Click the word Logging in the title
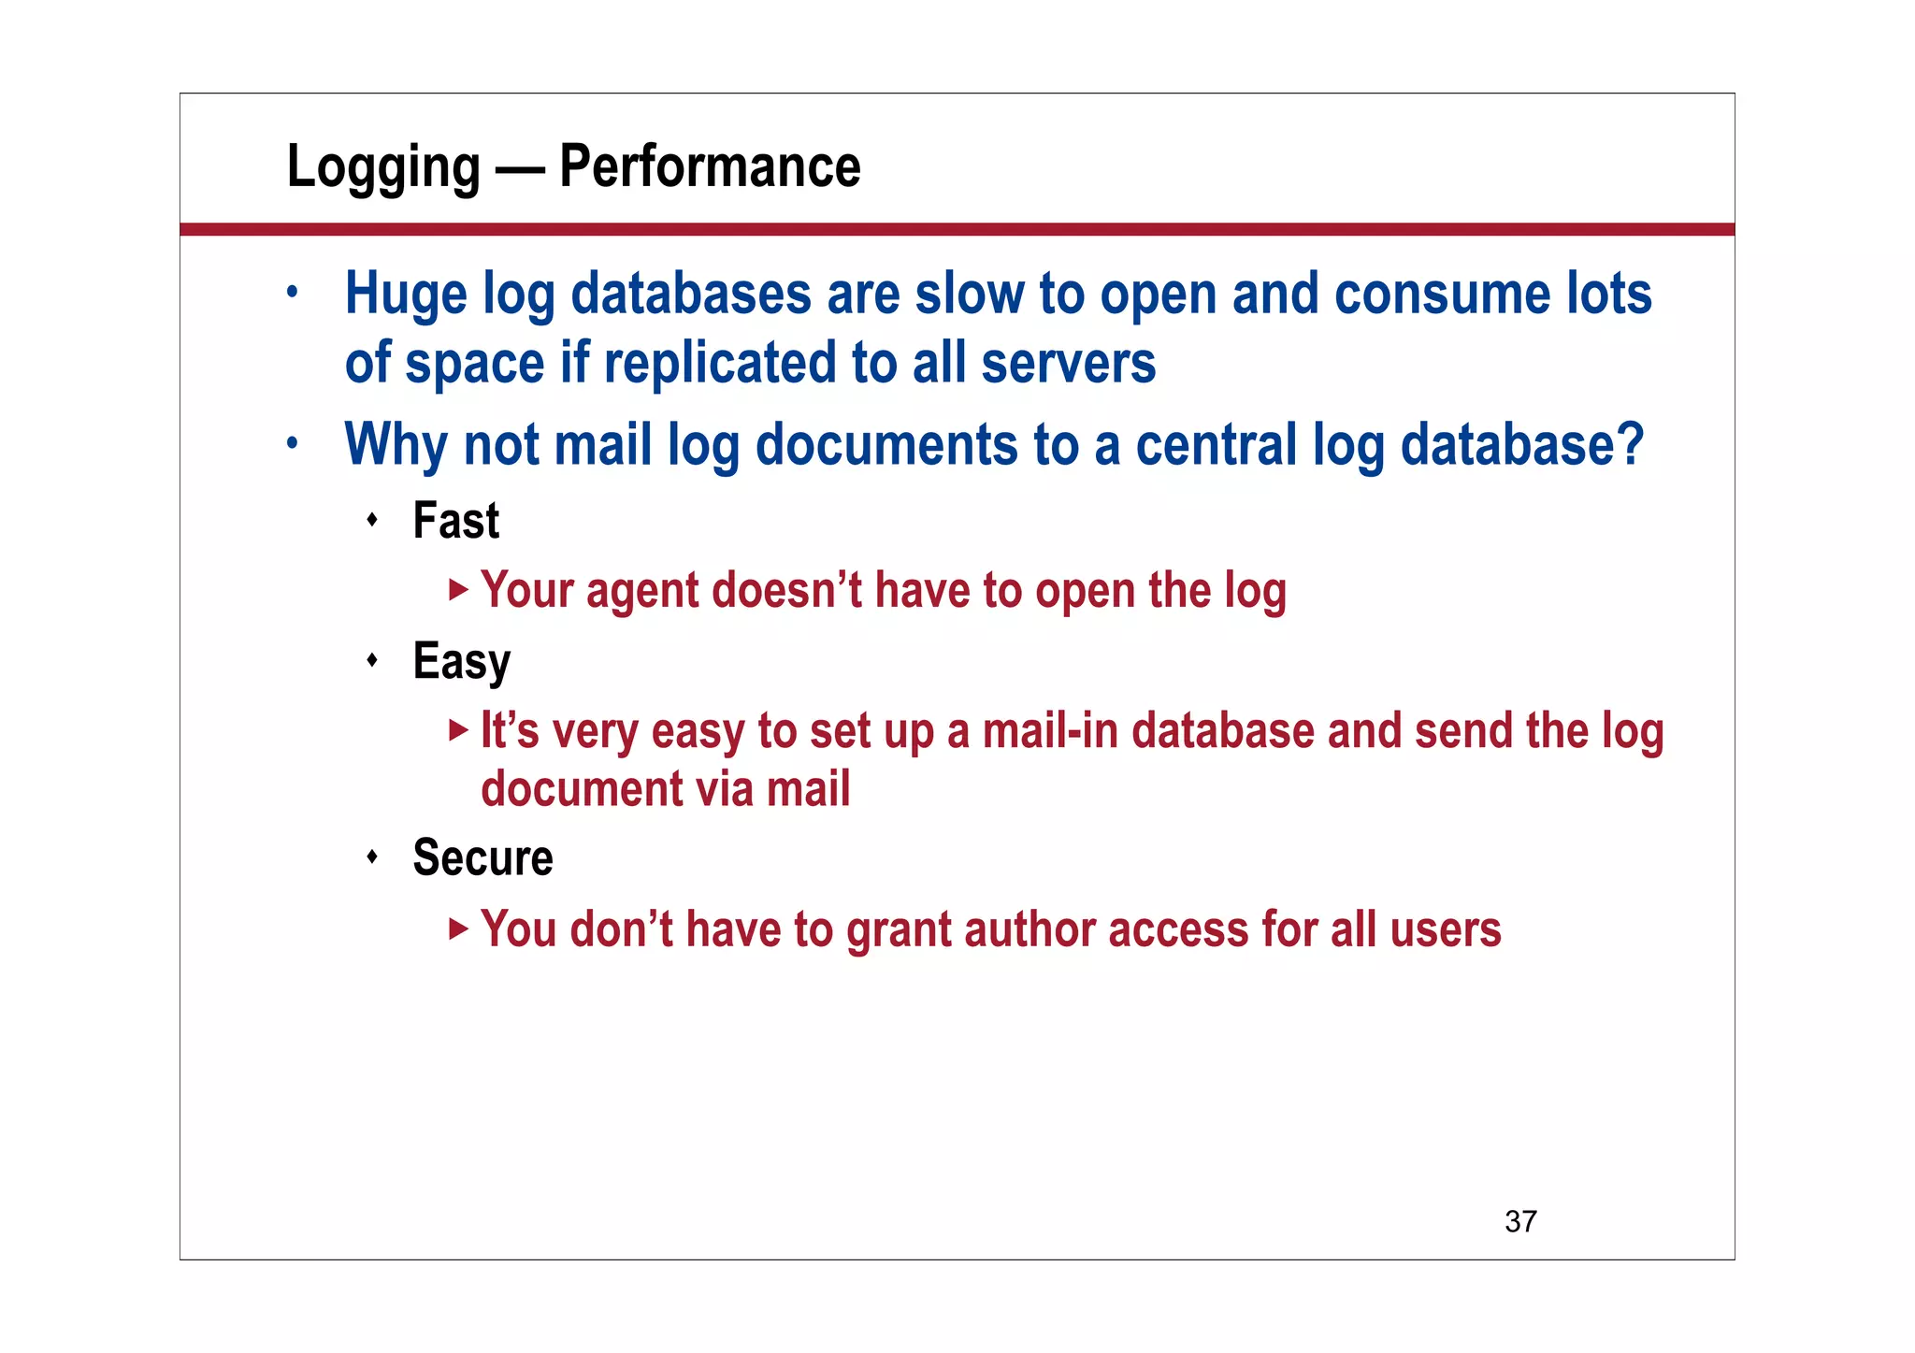point(383,168)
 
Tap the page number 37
point(1520,1221)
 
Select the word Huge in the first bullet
point(406,295)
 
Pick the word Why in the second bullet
point(396,445)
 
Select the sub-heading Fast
point(456,521)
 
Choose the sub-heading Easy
point(462,662)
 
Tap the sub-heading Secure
point(482,858)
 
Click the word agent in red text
point(642,592)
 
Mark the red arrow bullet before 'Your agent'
point(457,590)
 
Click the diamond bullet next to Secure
point(372,856)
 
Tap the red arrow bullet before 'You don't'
point(457,928)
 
